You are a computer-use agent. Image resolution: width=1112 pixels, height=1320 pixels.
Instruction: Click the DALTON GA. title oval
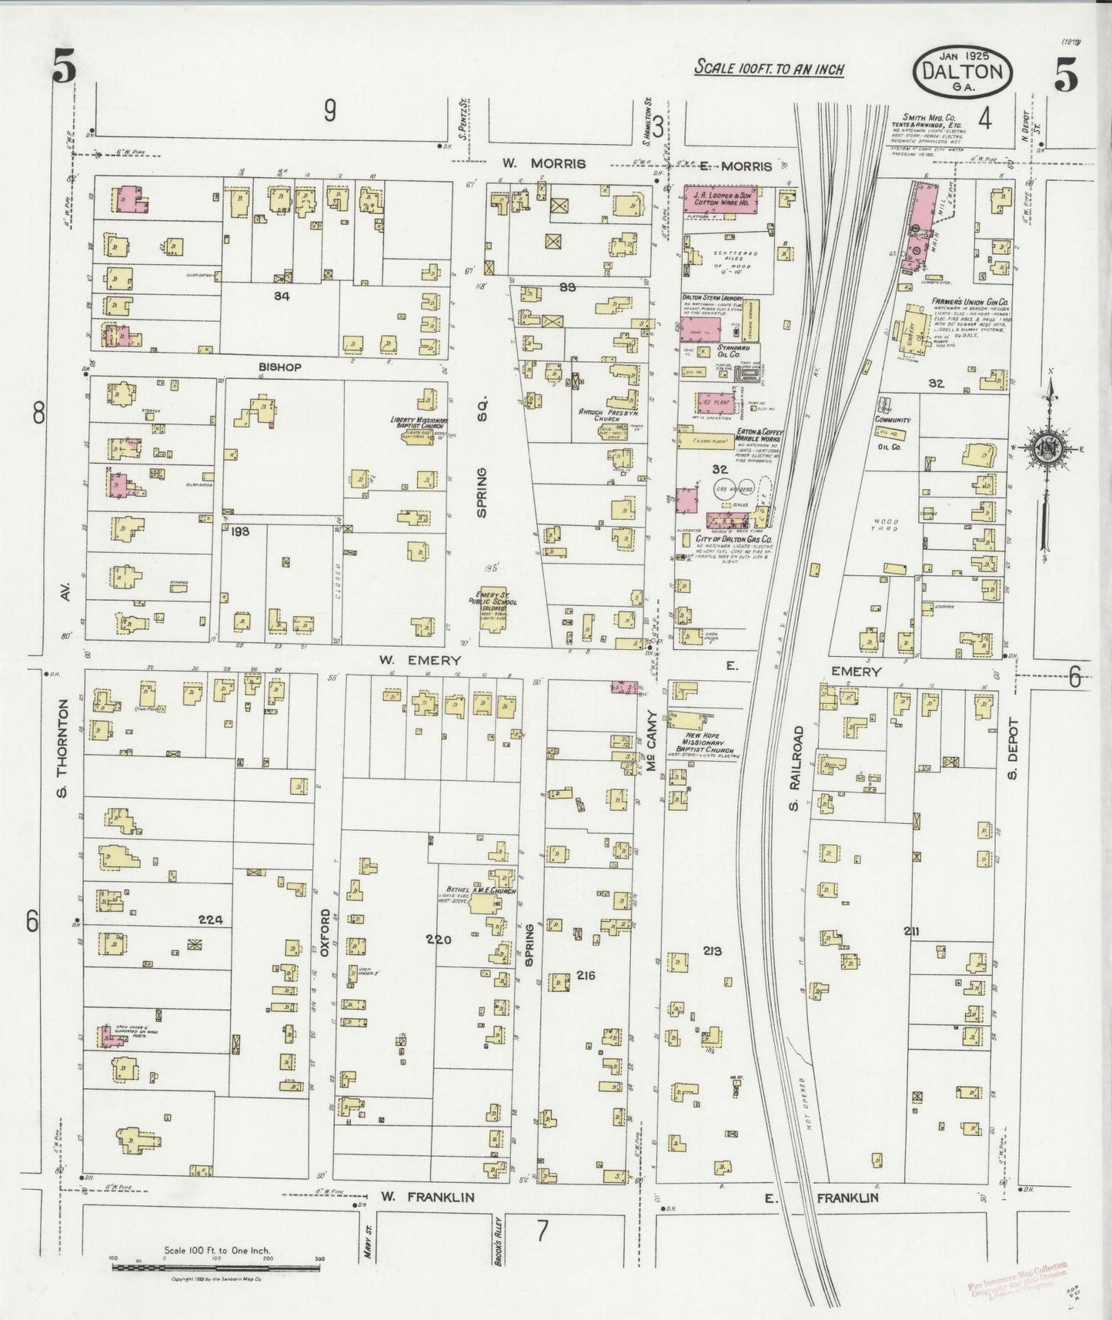click(962, 72)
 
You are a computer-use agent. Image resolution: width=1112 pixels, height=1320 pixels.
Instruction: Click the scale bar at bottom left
click(215, 1261)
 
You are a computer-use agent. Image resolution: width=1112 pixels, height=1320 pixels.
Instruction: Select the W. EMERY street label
click(419, 660)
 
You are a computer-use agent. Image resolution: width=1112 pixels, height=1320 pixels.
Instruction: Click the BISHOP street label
click(280, 367)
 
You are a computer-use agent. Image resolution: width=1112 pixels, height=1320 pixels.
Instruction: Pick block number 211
click(912, 931)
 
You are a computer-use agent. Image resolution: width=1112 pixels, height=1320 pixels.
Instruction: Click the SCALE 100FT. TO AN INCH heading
click(769, 69)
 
